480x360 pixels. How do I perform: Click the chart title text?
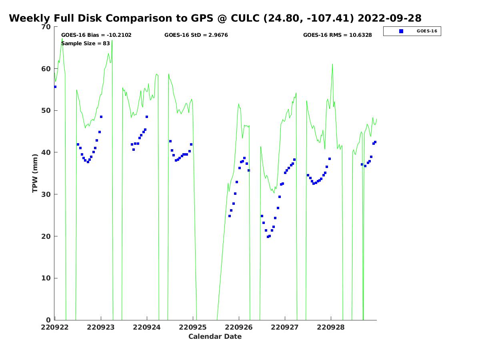point(215,18)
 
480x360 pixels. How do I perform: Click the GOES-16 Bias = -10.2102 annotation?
point(96,35)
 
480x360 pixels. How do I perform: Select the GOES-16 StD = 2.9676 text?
point(196,35)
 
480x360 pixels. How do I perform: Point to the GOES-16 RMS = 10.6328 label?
point(337,35)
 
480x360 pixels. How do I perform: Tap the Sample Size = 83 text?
point(86,43)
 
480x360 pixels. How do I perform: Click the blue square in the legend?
point(401,31)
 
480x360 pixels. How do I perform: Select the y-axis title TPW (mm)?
point(35,173)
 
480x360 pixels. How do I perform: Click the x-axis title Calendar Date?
point(215,336)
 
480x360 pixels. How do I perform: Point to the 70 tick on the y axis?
point(46,27)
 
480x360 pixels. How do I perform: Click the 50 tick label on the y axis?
point(46,111)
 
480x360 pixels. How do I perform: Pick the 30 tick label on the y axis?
point(46,194)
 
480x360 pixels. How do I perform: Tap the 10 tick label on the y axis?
point(46,278)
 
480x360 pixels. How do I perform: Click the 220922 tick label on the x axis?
point(55,327)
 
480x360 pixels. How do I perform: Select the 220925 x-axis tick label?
point(193,327)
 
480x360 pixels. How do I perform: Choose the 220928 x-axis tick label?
point(331,327)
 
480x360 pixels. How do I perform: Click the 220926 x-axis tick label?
point(239,327)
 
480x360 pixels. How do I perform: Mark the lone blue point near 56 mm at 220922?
point(55,87)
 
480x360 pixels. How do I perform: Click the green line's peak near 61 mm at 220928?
point(332,64)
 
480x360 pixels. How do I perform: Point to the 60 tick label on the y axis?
point(46,69)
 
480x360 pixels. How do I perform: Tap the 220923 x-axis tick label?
point(101,327)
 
